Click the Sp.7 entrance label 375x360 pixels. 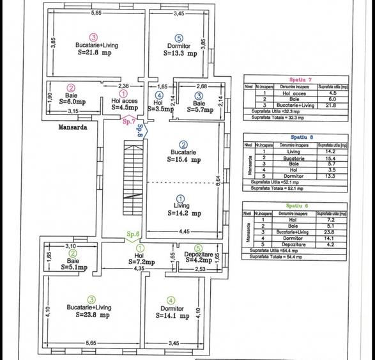pos(129,120)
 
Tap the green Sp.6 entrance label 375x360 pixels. pos(133,234)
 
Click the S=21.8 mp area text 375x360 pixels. pos(95,54)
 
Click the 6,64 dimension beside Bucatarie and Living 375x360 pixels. pos(218,182)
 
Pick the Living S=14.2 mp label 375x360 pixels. pos(183,210)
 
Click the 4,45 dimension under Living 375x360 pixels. pos(185,231)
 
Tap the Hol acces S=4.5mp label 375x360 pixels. pos(124,104)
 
